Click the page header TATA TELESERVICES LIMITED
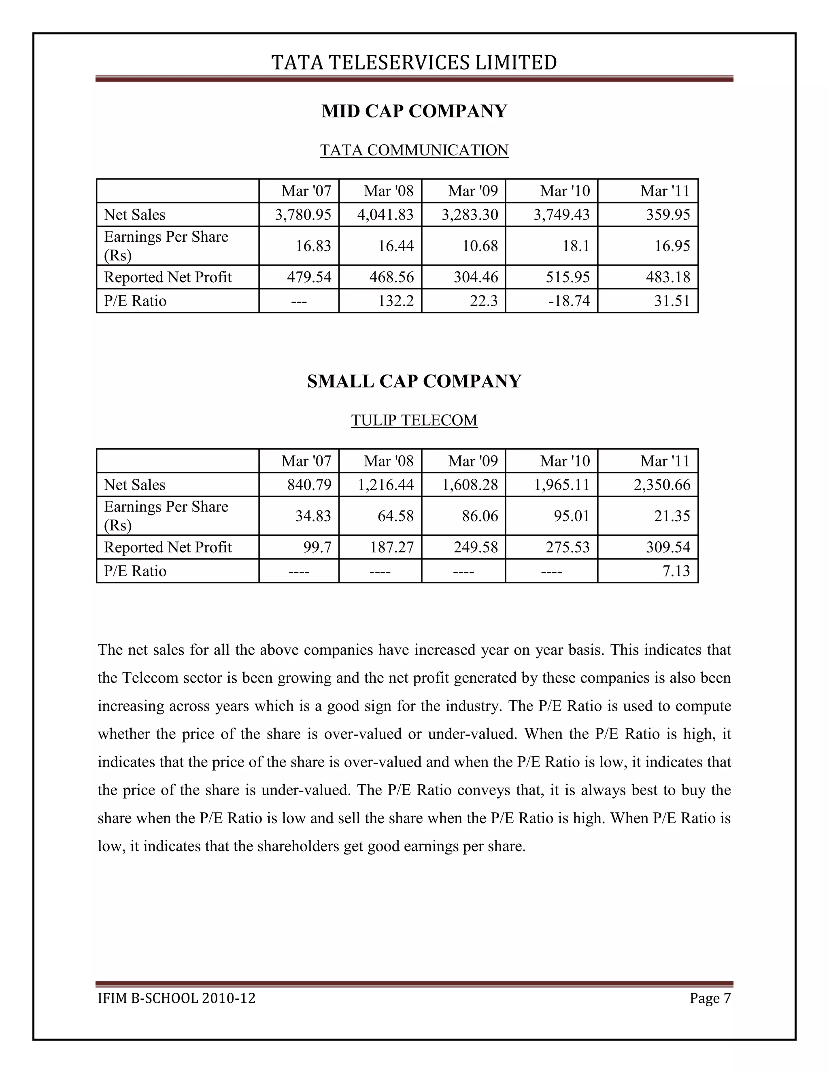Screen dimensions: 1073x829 (414, 63)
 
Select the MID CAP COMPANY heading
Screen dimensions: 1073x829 (414, 111)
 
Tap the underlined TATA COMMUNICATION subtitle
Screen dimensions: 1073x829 (414, 150)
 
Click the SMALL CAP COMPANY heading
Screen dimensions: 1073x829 (414, 381)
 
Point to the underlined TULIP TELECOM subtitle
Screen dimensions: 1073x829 (414, 420)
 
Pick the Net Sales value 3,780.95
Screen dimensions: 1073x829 (303, 215)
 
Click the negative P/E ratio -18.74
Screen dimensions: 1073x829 (569, 301)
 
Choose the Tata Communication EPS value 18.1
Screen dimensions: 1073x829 (576, 246)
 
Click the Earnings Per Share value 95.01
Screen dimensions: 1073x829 (572, 516)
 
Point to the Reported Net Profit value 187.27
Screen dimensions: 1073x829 (392, 547)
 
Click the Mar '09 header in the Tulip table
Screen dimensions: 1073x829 (472, 461)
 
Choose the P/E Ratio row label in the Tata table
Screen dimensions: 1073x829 (135, 301)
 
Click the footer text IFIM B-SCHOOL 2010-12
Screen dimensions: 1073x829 (176, 998)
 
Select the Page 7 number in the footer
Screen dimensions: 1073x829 (710, 998)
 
